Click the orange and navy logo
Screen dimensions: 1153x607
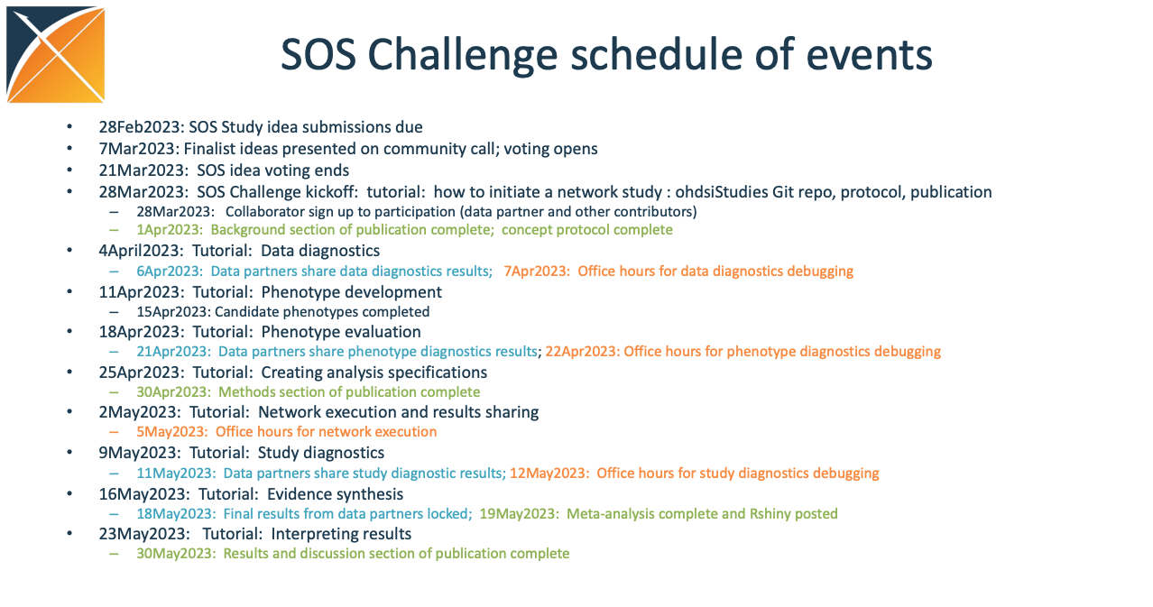56,54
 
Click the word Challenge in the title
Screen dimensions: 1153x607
462,56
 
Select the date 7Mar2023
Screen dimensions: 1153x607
136,149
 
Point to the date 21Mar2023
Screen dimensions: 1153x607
142,170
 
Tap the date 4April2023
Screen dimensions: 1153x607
141,251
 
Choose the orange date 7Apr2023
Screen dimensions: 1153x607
536,271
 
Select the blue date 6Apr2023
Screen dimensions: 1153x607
170,271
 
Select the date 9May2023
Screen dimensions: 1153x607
140,453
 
